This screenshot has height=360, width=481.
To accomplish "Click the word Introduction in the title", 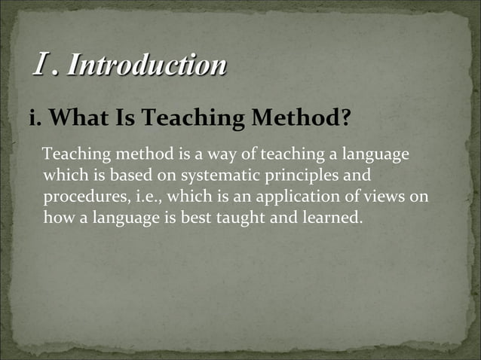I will pos(146,65).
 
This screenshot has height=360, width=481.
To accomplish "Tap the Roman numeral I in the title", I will pos(41,65).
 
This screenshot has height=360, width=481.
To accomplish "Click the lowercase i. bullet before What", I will pos(35,119).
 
